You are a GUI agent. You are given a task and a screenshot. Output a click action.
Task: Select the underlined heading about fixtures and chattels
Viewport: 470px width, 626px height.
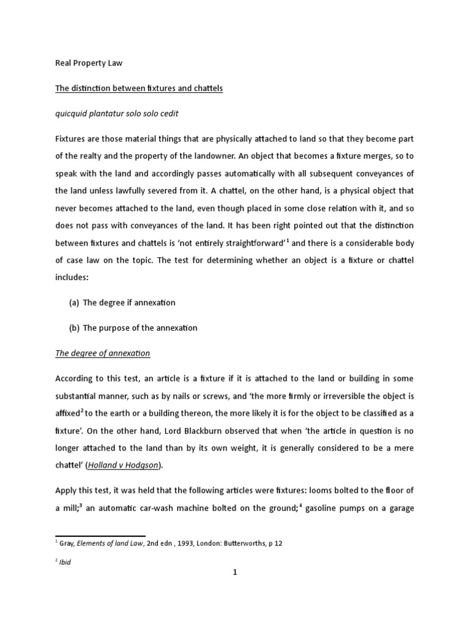[139, 89]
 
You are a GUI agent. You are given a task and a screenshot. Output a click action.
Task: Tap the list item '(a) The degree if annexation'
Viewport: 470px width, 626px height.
[122, 303]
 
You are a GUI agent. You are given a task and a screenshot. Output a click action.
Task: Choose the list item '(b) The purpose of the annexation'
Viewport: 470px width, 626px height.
[133, 328]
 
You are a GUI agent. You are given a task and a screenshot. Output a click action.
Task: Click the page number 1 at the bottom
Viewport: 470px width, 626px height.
[235, 572]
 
